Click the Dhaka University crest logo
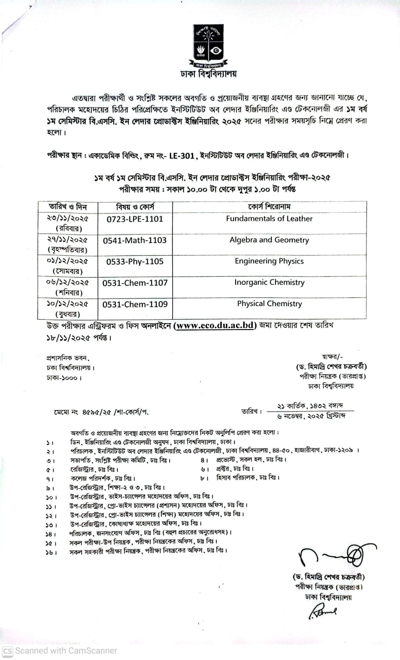[208, 45]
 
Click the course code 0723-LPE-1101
[135, 219]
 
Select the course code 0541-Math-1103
[135, 240]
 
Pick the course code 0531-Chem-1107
[135, 283]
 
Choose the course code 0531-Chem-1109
[135, 304]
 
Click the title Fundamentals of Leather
[269, 218]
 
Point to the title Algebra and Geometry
[269, 240]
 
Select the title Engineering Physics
[269, 261]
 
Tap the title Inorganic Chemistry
[269, 282]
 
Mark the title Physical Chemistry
[269, 303]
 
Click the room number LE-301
[182, 156]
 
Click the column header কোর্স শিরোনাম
[269, 207]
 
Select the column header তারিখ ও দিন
[67, 207]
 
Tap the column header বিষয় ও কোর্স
[135, 207]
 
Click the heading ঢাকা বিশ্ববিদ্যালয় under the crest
[209, 74]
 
